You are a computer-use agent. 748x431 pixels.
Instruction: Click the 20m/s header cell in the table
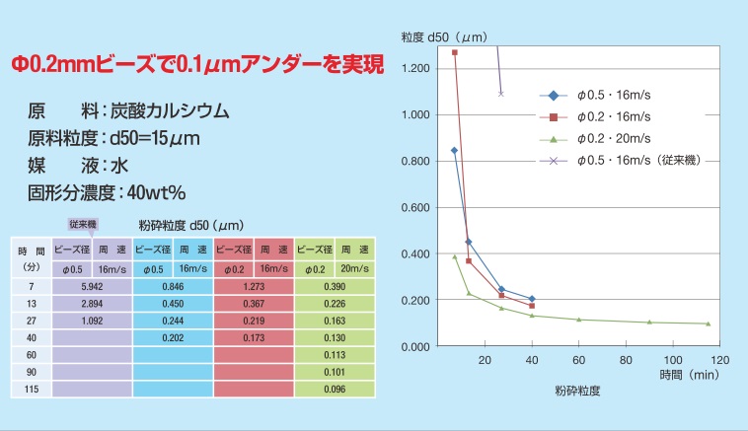pyautogui.click(x=354, y=268)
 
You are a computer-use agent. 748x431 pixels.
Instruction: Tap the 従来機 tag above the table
pyautogui.click(x=83, y=226)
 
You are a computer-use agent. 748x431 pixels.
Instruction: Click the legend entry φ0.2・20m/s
pyautogui.click(x=614, y=137)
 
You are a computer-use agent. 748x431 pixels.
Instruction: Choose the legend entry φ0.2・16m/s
pyautogui.click(x=614, y=116)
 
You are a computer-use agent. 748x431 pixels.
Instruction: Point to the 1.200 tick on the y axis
pyautogui.click(x=416, y=68)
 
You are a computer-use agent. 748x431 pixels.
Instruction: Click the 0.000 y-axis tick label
pyautogui.click(x=416, y=347)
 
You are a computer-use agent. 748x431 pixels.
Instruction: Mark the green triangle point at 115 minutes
pyautogui.click(x=709, y=323)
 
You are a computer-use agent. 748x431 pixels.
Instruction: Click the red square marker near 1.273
pyautogui.click(x=455, y=52)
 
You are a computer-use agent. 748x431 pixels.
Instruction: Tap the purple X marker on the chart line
pyautogui.click(x=501, y=94)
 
